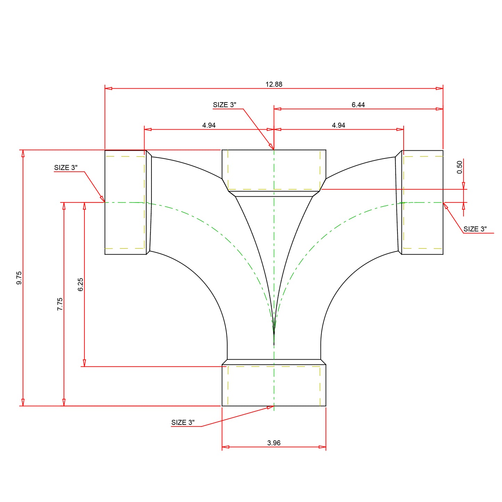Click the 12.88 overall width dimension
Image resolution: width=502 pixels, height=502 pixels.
[274, 84]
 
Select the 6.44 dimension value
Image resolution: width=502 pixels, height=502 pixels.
[358, 105]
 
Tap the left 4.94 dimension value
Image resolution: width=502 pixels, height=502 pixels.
[209, 125]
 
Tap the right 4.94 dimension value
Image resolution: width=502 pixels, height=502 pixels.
[338, 125]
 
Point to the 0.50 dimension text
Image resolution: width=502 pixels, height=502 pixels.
[460, 167]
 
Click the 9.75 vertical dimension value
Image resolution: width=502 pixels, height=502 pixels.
[19, 278]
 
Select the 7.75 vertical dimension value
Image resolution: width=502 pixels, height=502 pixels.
[60, 304]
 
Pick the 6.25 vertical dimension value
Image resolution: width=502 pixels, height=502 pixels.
[81, 284]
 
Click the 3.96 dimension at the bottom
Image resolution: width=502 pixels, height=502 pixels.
[274, 443]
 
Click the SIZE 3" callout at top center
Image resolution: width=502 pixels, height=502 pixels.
[224, 105]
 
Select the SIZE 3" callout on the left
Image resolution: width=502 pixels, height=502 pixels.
[66, 167]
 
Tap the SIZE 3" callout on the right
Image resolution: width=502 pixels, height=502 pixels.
[475, 229]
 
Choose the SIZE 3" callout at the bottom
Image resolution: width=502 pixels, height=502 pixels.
[183, 422]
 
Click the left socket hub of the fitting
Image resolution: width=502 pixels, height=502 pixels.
[125, 202]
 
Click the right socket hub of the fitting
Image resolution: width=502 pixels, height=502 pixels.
[422, 202]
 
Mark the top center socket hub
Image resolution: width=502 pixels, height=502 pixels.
[274, 170]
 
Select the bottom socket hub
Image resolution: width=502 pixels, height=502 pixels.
[274, 385]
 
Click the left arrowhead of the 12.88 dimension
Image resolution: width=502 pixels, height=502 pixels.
[108, 89]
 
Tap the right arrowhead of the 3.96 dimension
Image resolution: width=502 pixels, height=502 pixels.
[323, 447]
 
